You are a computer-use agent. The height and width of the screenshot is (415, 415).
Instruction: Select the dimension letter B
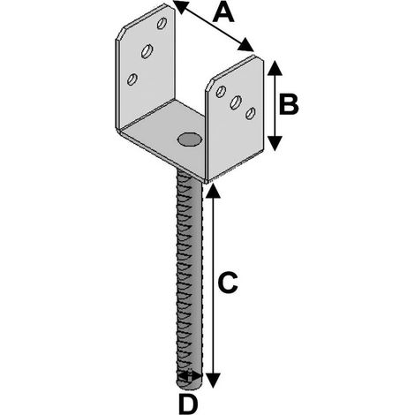point(289,104)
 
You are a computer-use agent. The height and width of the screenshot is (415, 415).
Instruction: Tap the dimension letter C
point(228,283)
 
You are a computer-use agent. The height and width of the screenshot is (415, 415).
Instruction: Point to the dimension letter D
point(188,404)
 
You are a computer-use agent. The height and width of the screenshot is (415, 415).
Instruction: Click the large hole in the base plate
point(190,140)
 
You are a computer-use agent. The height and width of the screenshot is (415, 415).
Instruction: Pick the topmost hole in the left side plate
point(162,23)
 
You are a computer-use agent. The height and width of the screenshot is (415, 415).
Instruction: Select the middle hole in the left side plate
point(147,51)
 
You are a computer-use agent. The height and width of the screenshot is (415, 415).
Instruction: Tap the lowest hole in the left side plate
point(132,79)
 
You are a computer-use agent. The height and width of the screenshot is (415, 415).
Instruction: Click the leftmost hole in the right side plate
point(221,92)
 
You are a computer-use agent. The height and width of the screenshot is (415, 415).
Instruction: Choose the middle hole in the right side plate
point(236,102)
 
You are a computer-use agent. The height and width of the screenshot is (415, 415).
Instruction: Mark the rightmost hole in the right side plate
point(251,114)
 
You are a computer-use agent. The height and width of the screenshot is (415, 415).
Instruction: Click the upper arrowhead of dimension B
point(275,69)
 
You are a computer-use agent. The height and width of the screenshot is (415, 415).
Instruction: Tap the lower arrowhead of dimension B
point(275,143)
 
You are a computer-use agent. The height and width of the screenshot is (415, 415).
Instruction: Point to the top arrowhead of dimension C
point(213,192)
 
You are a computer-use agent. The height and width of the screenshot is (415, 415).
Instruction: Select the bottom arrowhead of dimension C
point(213,381)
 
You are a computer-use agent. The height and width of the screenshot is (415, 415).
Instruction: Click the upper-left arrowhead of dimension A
point(181,6)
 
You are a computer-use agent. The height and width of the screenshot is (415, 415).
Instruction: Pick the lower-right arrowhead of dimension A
point(245,45)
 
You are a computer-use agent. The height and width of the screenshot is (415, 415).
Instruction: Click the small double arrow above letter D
point(190,375)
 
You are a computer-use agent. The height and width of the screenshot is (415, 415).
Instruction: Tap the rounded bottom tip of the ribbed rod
point(190,387)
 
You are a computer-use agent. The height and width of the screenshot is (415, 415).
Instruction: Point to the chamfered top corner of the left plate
point(121,34)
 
